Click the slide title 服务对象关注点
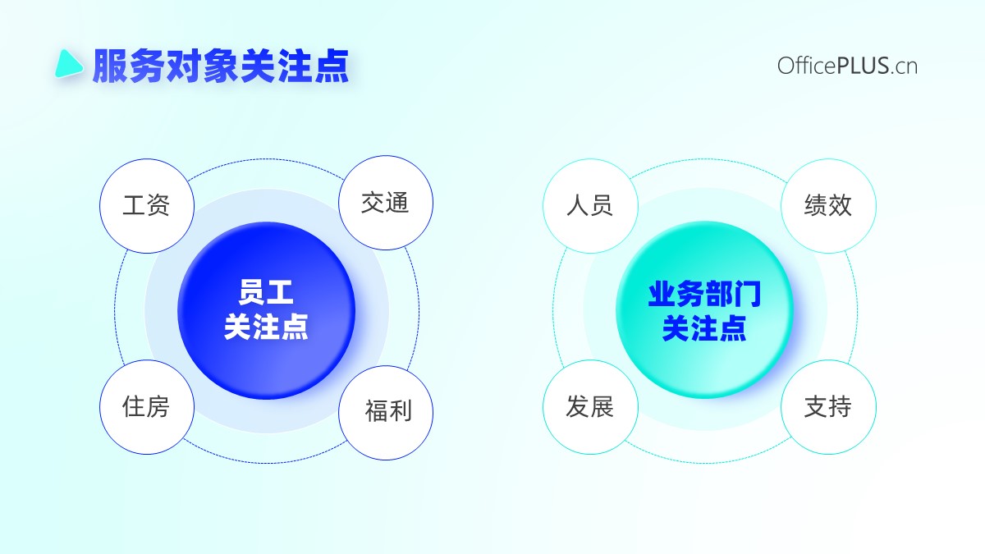(x=221, y=66)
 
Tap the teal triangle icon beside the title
(x=68, y=64)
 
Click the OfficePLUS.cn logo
(x=847, y=66)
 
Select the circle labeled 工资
(x=147, y=206)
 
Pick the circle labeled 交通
(x=386, y=203)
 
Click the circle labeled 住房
(x=147, y=407)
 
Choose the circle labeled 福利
(x=386, y=413)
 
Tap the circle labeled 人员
(x=590, y=206)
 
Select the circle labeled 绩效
(x=828, y=206)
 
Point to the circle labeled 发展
(x=590, y=407)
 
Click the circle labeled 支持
(x=828, y=407)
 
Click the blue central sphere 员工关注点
(x=267, y=310)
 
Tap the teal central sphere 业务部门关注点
(x=705, y=309)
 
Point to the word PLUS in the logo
(x=863, y=66)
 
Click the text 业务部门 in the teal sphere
(x=705, y=294)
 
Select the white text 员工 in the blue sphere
(x=266, y=292)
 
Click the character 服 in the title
(x=110, y=66)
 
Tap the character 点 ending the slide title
(x=332, y=66)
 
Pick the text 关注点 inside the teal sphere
(x=704, y=328)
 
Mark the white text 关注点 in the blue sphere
(x=266, y=327)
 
